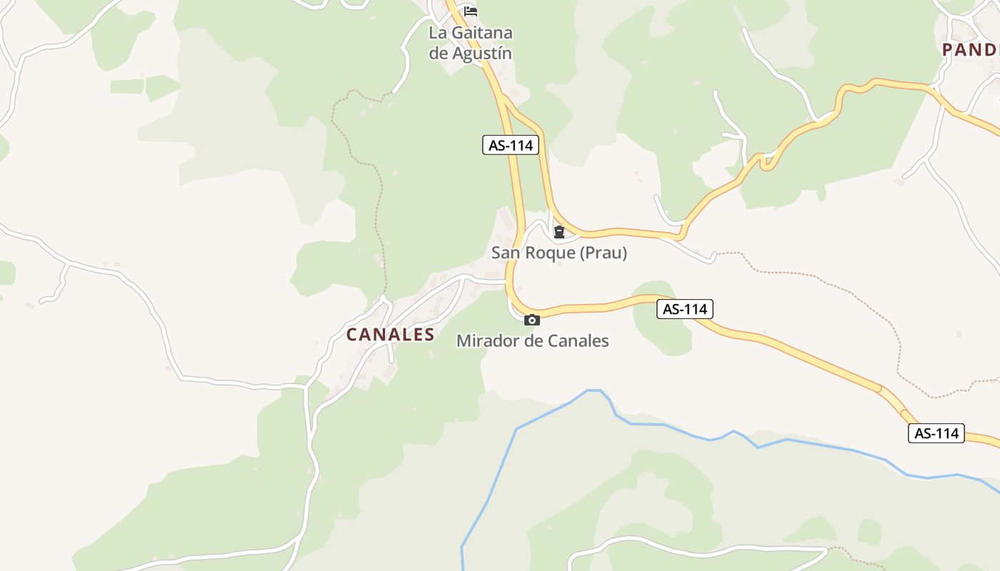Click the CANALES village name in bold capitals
pyautogui.click(x=391, y=334)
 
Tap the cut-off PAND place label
pyautogui.click(x=969, y=50)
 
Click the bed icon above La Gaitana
pyautogui.click(x=470, y=11)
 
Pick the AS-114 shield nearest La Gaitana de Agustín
pyautogui.click(x=509, y=146)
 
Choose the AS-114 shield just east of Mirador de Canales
pyautogui.click(x=684, y=309)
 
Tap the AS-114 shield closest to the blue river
pyautogui.click(x=936, y=433)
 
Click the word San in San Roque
pyautogui.click(x=507, y=253)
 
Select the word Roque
pyautogui.click(x=551, y=253)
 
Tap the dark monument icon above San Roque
pyautogui.click(x=559, y=231)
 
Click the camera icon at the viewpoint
pyautogui.click(x=531, y=320)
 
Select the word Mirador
pyautogui.click(x=486, y=341)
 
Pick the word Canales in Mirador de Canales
pyautogui.click(x=578, y=341)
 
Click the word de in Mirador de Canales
pyautogui.click(x=533, y=341)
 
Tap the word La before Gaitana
pyautogui.click(x=438, y=33)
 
